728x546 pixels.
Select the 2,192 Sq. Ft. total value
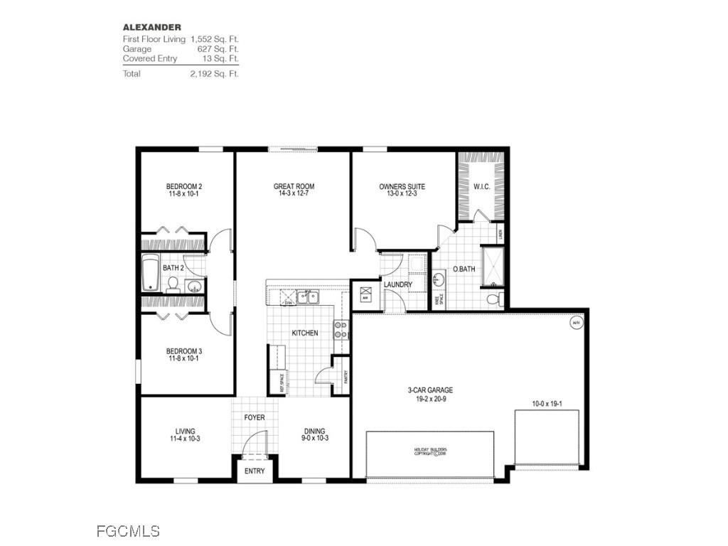[x=214, y=74]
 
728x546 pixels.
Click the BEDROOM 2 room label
[x=183, y=188]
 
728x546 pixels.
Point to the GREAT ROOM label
[x=294, y=187]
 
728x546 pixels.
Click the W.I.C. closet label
[x=481, y=187]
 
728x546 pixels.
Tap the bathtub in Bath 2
[x=150, y=274]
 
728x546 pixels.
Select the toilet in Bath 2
[x=172, y=284]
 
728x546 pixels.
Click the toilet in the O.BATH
[x=493, y=299]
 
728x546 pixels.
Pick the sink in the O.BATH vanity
[x=439, y=278]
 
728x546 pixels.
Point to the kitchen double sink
[x=308, y=297]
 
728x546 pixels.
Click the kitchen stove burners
[x=341, y=329]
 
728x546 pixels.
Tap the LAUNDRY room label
[x=397, y=285]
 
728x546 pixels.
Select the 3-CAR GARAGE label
[x=430, y=390]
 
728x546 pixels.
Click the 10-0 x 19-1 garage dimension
[x=546, y=403]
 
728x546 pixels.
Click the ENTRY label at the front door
[x=255, y=471]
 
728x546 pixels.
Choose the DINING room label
[x=315, y=431]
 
